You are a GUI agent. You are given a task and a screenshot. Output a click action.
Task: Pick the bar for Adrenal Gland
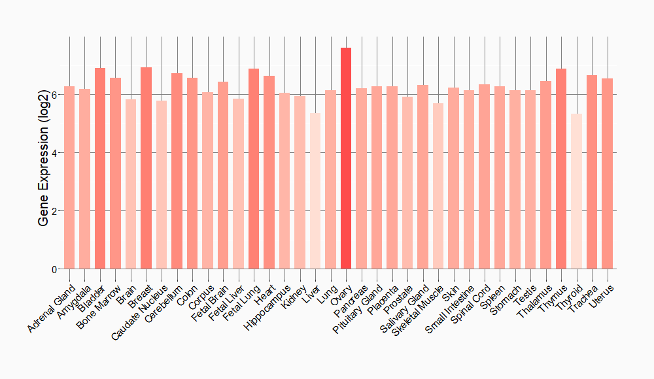69,177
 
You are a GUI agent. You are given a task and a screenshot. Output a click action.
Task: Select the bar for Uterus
607,173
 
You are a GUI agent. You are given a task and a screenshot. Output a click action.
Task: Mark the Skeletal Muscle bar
438,186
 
